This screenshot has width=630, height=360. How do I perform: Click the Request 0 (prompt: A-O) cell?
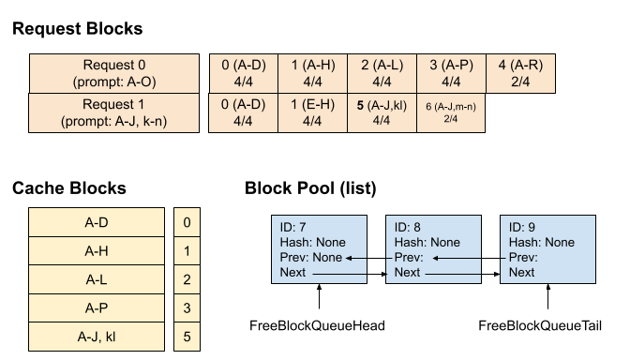(114, 73)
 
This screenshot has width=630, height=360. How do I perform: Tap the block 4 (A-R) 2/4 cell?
(520, 73)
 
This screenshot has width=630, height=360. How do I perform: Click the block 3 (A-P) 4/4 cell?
(451, 73)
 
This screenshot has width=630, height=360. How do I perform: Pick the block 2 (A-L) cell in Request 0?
(382, 73)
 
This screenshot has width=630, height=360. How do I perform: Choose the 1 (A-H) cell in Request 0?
(312, 73)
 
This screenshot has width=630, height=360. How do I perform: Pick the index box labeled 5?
(187, 336)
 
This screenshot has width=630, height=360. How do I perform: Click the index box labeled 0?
(187, 223)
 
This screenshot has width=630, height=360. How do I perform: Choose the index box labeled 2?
(187, 279)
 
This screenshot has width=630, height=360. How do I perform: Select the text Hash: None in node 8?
(427, 243)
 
